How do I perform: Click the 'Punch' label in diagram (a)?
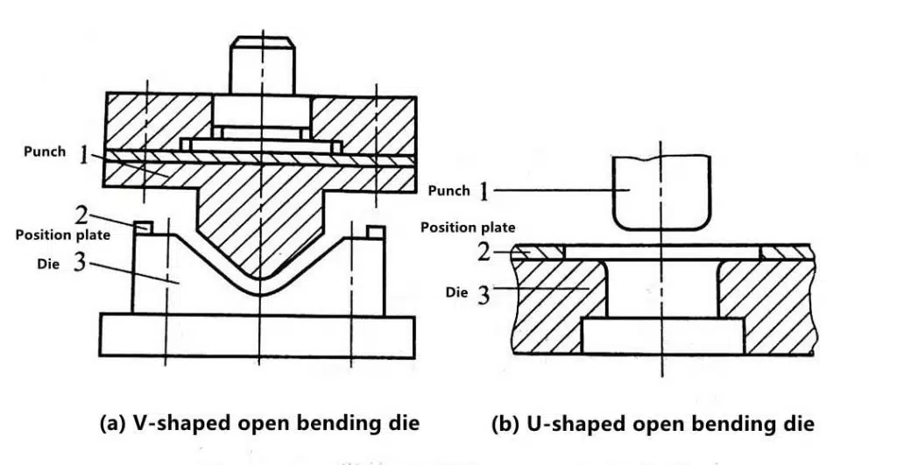[45, 152]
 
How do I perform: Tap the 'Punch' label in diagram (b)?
[449, 190]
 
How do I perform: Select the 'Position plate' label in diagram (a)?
[63, 235]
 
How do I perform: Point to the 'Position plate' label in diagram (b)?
[468, 227]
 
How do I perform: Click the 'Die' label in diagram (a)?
[48, 264]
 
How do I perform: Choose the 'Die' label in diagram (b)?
[456, 292]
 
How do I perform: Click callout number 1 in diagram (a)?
[85, 154]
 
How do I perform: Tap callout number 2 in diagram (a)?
[81, 215]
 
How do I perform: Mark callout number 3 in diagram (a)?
[80, 262]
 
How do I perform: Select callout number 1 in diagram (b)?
[484, 191]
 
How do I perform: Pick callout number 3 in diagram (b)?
[484, 294]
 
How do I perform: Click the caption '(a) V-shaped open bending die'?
[259, 423]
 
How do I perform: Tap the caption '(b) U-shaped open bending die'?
[653, 424]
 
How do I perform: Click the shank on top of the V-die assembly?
[263, 66]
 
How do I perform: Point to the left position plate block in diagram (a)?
[144, 228]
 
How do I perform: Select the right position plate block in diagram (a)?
[375, 232]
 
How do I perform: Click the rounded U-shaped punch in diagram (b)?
[662, 193]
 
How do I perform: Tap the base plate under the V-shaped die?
[258, 335]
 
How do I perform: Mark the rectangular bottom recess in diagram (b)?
[662, 335]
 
